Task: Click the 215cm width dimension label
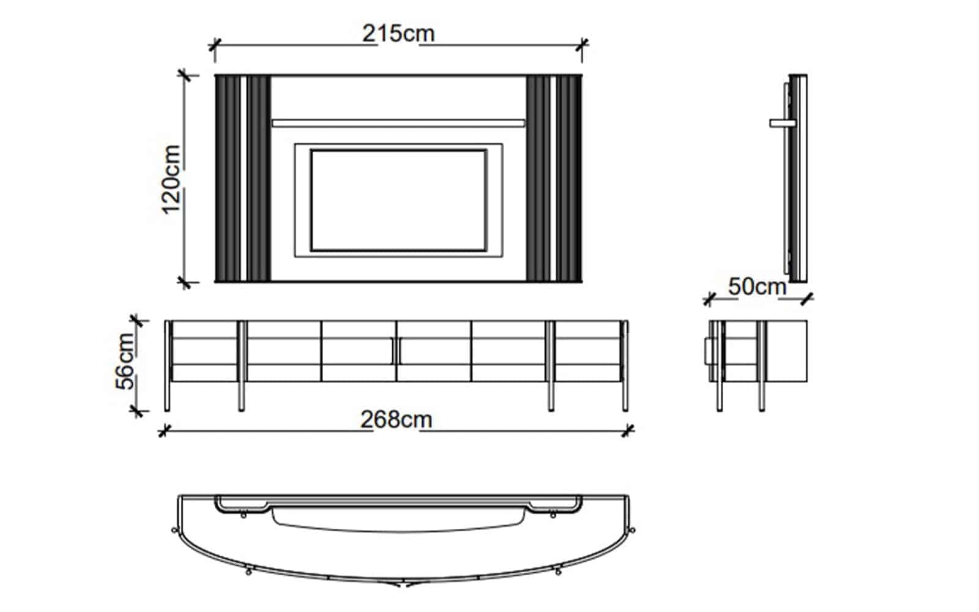[x=398, y=34]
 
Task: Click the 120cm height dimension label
[x=171, y=179]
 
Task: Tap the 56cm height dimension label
[x=125, y=361]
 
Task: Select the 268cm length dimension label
[x=396, y=420]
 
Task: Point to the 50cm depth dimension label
[x=757, y=287]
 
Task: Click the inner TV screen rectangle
[x=398, y=201]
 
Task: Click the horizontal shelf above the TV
[x=398, y=123]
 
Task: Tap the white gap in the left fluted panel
[x=244, y=178]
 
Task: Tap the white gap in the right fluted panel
[x=553, y=178]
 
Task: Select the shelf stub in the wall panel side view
[x=783, y=123]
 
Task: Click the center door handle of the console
[x=396, y=351]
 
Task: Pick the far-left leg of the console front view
[x=167, y=366]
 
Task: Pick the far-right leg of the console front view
[x=625, y=366]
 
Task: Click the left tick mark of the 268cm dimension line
[x=163, y=431]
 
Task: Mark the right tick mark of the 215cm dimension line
[x=582, y=44]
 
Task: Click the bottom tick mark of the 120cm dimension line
[x=184, y=282]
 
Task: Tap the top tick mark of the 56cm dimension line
[x=136, y=321]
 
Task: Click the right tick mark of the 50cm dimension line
[x=807, y=299]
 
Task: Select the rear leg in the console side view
[x=762, y=366]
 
